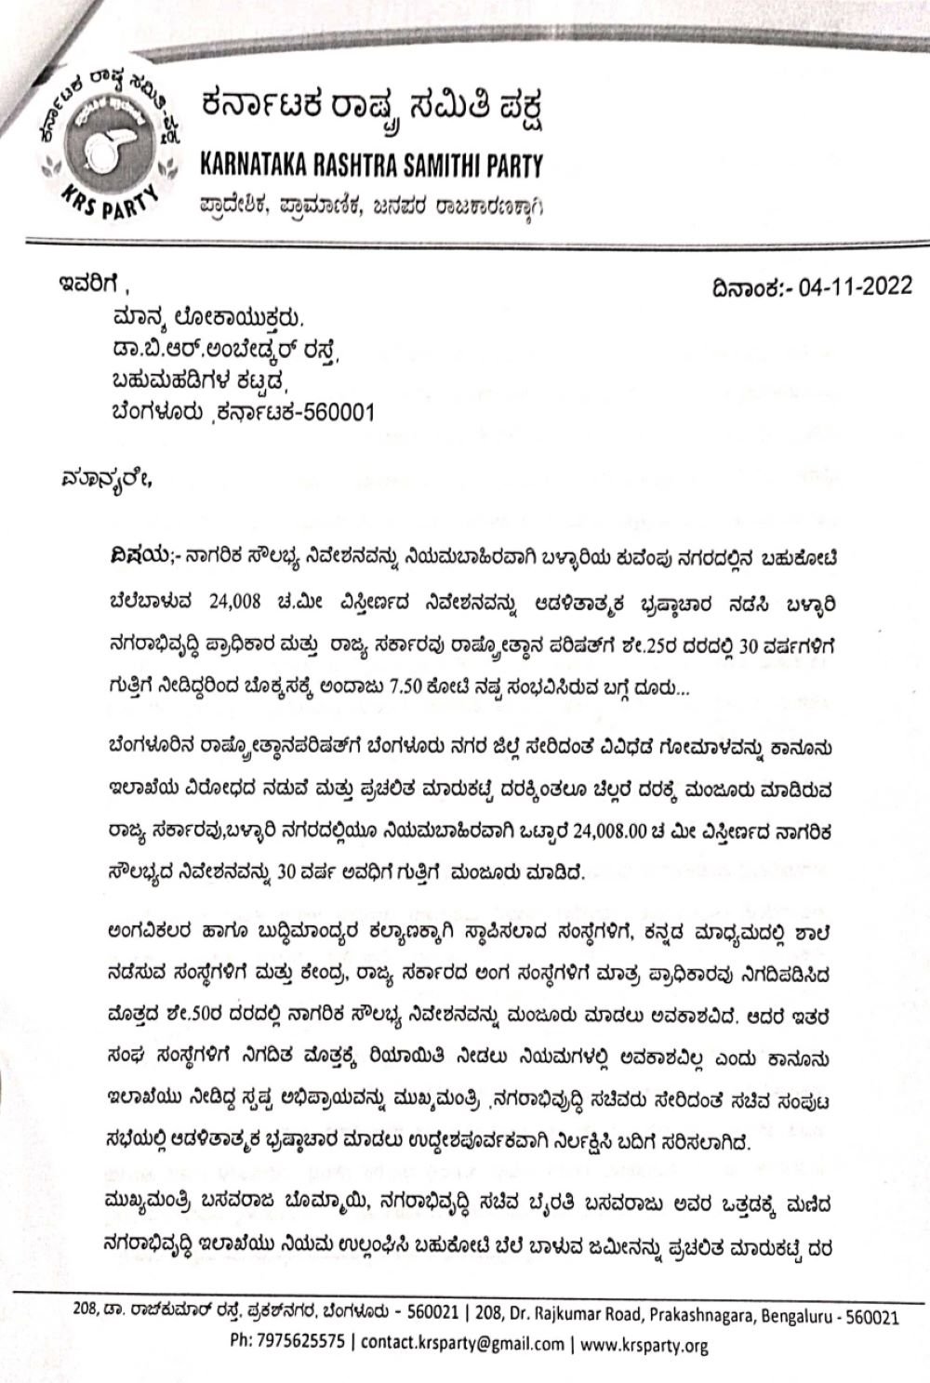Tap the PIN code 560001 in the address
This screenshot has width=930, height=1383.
click(341, 413)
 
